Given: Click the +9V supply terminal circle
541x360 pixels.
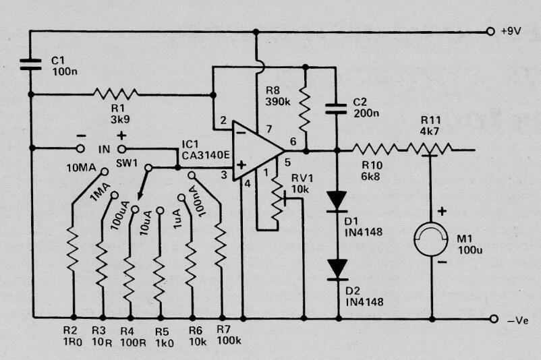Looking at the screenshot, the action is point(490,32).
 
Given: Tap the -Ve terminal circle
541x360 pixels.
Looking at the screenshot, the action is point(494,319).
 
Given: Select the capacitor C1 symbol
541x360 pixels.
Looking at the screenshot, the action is point(31,65).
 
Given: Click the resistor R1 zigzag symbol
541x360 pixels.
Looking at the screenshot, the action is point(115,94).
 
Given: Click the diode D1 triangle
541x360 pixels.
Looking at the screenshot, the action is point(337,201).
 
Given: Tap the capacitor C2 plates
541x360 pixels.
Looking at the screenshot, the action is point(336,109).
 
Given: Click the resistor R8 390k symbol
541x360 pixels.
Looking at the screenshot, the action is point(304,110).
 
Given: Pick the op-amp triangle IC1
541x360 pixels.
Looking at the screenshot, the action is point(258,151).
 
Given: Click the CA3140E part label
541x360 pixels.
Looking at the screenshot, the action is point(206,155).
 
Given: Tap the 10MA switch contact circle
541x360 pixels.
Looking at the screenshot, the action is point(104,171).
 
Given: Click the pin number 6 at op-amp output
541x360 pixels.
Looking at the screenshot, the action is point(293,141).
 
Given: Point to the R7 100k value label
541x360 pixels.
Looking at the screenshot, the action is point(229,340).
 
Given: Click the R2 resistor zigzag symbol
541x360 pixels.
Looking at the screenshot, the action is point(73,248).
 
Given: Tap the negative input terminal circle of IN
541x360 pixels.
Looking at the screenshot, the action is point(80,148).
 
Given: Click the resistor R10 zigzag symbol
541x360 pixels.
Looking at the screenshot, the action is point(374,150).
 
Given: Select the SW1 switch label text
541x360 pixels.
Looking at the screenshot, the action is point(127,162).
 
